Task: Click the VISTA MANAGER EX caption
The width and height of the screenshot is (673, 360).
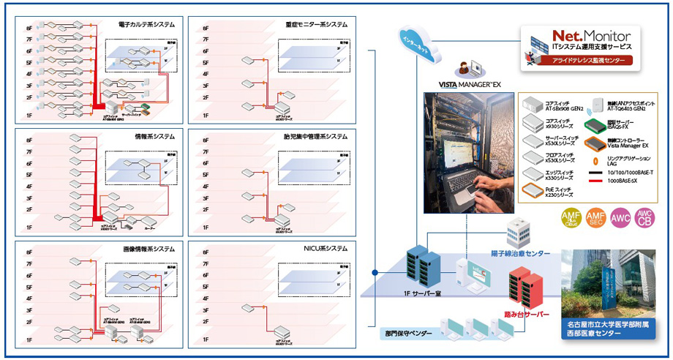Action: click(469, 84)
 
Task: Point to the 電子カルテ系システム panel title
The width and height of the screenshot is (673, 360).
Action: click(147, 24)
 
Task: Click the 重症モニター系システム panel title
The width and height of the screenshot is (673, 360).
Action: click(316, 24)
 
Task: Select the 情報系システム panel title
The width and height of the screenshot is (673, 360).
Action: click(155, 137)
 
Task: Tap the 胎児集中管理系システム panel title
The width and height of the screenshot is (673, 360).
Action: click(306, 137)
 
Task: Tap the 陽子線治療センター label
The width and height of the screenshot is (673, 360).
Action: click(521, 253)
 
